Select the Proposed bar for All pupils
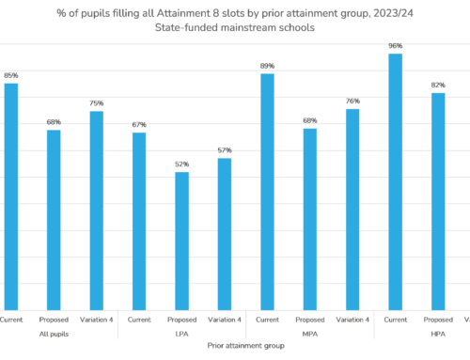[x=54, y=219]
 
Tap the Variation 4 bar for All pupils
[x=96, y=210]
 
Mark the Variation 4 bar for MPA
[x=352, y=209]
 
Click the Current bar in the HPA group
[x=396, y=181]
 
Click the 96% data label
[x=396, y=45]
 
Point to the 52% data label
[x=181, y=164]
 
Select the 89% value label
[x=267, y=66]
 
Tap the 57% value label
[x=225, y=150]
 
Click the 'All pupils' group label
[x=53, y=334]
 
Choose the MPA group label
[x=310, y=334]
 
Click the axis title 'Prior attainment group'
[x=242, y=346]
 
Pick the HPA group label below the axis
[x=438, y=334]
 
